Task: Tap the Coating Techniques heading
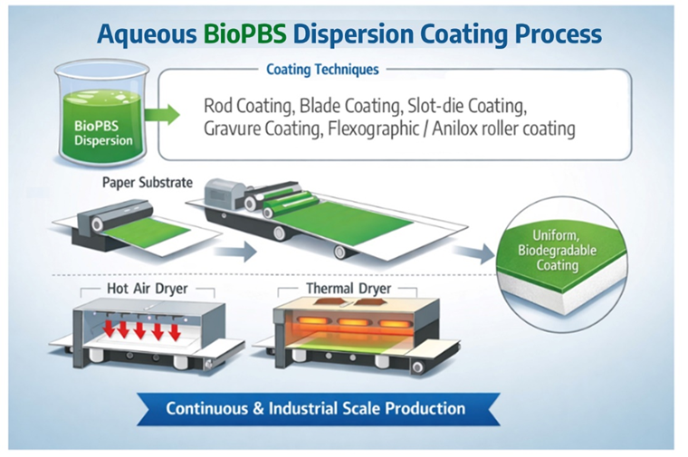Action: point(322,69)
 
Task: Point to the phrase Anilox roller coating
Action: point(505,128)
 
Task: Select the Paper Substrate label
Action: point(148,183)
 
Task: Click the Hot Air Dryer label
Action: point(146,291)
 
